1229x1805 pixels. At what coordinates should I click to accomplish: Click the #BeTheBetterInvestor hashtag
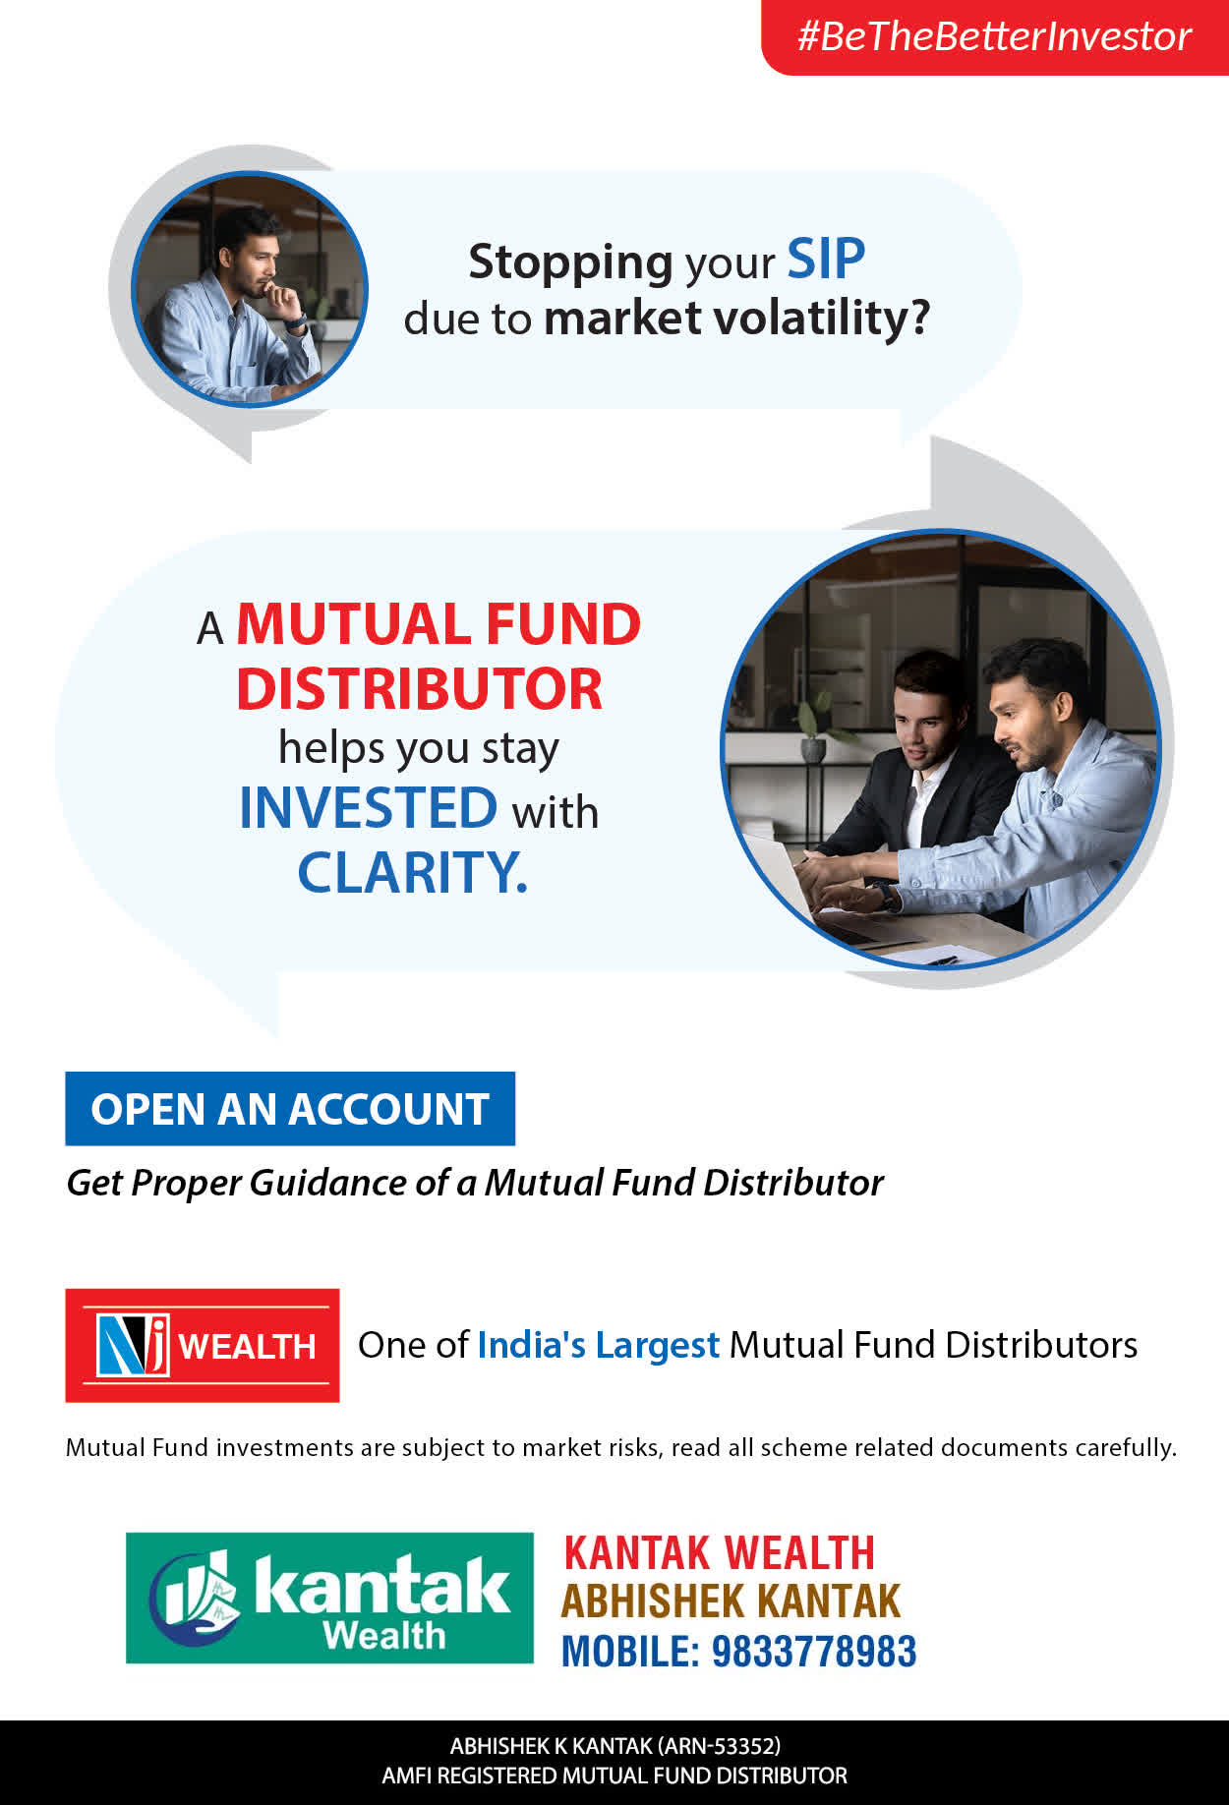pyautogui.click(x=994, y=36)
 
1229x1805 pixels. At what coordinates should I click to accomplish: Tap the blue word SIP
pyautogui.click(x=826, y=260)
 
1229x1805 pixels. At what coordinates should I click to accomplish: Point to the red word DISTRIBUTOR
pyautogui.click(x=419, y=689)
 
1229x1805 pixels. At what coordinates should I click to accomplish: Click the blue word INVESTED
pyautogui.click(x=369, y=808)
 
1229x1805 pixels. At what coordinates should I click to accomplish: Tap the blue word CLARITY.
pyautogui.click(x=412, y=872)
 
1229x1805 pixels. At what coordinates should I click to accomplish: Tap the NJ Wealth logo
pyautogui.click(x=203, y=1345)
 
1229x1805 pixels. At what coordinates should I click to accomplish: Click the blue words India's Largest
pyautogui.click(x=599, y=1345)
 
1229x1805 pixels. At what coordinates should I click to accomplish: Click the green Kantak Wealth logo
pyautogui.click(x=329, y=1598)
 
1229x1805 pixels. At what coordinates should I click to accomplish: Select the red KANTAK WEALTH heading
pyautogui.click(x=720, y=1553)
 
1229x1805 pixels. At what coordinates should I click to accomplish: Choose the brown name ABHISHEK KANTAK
pyautogui.click(x=731, y=1601)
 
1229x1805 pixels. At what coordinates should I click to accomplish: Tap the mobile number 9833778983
pyautogui.click(x=814, y=1652)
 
